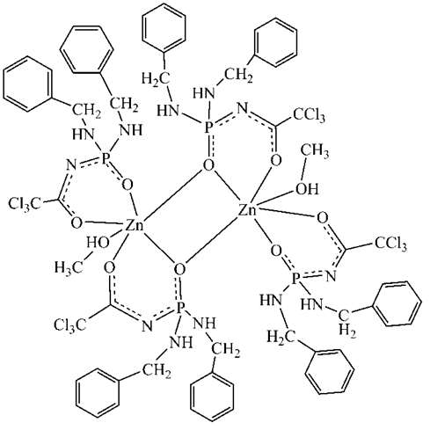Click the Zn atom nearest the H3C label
pos(135,226)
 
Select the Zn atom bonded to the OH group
pos(247,211)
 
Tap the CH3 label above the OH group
pos(316,152)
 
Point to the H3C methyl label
pos(68,267)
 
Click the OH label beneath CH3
pos(307,189)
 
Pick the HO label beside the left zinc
pos(98,243)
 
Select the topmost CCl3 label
pos(309,116)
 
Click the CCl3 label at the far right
pos(390,244)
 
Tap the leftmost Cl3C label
pos(25,203)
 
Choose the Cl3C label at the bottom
pos(70,324)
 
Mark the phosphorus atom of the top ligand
pos(208,127)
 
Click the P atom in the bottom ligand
pos(181,308)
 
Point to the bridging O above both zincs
pos(208,166)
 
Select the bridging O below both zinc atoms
pos(179,269)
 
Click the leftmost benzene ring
pos(28,84)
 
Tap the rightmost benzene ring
pos(397,303)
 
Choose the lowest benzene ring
pos(212,397)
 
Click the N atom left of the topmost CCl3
pos(242,109)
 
